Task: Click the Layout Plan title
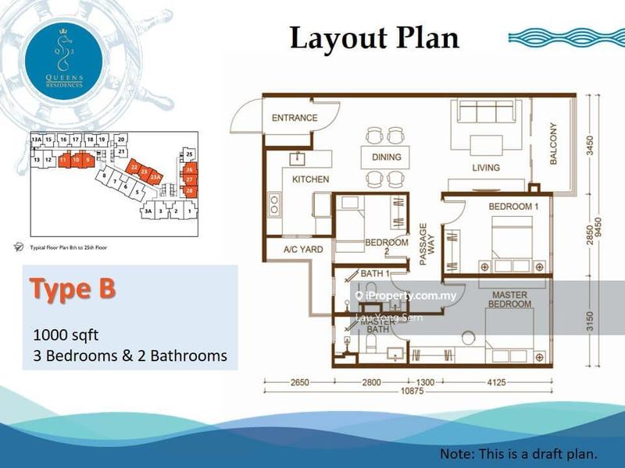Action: (x=374, y=38)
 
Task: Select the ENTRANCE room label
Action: (x=295, y=118)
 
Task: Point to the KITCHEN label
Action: (x=310, y=179)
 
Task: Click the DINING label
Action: (x=387, y=158)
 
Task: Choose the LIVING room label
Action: (x=486, y=168)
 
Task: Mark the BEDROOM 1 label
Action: (x=513, y=206)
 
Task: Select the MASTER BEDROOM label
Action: (x=509, y=300)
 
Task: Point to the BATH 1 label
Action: (x=375, y=274)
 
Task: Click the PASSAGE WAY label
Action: (x=423, y=246)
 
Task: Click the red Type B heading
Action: (x=73, y=288)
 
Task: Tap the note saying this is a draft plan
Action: (x=519, y=453)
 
